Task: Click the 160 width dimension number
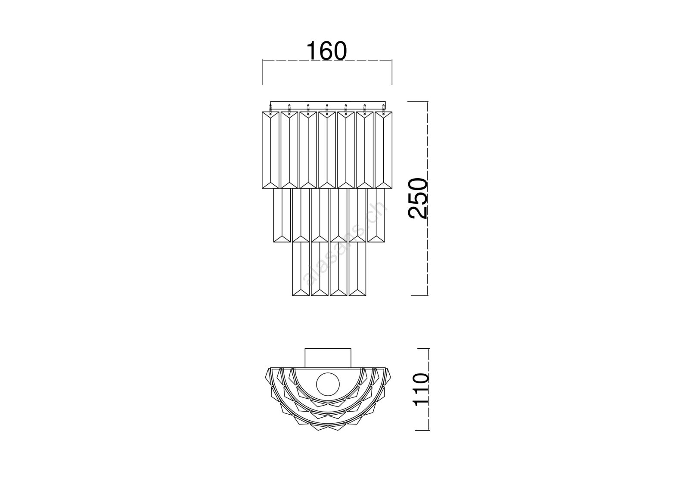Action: coord(327,51)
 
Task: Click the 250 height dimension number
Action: coord(418,199)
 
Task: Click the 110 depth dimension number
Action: coord(422,390)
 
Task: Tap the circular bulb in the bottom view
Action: coord(328,384)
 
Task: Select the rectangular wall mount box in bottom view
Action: coord(328,358)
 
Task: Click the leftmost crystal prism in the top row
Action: coord(270,150)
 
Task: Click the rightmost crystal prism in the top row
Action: coord(384,150)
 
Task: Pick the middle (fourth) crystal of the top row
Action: coord(327,150)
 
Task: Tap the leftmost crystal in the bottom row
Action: coord(301,269)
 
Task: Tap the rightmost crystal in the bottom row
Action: coord(357,269)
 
